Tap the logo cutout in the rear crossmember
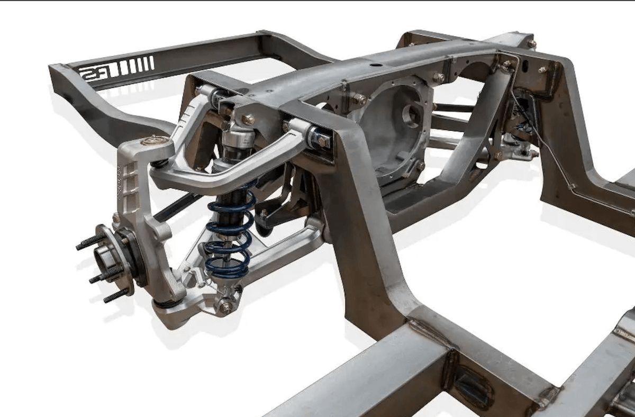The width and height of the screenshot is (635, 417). pos(96,71)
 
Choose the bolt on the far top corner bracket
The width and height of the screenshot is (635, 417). pos(531,43)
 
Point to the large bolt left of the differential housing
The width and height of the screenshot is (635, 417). pos(360,99)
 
